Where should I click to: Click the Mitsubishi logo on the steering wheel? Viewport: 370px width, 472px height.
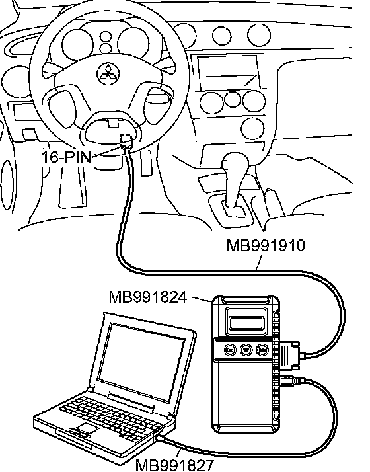click(108, 73)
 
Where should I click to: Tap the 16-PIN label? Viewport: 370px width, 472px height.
click(66, 157)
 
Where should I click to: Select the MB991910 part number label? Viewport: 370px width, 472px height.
click(266, 245)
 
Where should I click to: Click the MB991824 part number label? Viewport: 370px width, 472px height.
click(148, 297)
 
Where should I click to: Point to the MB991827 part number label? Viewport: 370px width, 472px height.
click(175, 465)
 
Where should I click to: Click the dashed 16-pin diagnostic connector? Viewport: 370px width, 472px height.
click(126, 140)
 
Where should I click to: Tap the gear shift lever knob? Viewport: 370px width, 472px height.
click(235, 164)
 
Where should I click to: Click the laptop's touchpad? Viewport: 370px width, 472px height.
click(86, 428)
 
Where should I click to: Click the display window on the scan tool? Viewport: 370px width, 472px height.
click(246, 323)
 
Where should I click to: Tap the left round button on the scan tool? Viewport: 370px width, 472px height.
click(231, 350)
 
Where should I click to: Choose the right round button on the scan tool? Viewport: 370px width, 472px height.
click(262, 350)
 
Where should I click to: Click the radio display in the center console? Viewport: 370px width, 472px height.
click(229, 71)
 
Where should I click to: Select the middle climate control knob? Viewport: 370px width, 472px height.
click(232, 100)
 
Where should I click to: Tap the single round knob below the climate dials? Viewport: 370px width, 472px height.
click(252, 129)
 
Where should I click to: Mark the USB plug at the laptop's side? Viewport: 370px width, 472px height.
click(160, 438)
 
